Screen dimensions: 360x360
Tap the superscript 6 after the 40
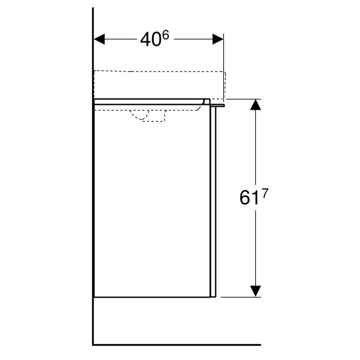(x=165, y=35)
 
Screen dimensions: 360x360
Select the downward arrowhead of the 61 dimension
(x=256, y=290)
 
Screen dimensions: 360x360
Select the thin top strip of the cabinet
(x=149, y=101)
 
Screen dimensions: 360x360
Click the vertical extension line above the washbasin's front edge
(x=224, y=53)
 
